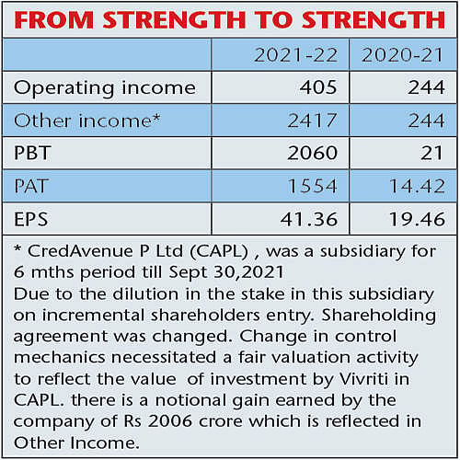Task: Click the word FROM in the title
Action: (x=54, y=20)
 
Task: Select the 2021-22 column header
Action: (x=296, y=55)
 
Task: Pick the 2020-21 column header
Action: (x=402, y=55)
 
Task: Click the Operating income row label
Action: (x=105, y=88)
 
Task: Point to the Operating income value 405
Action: (x=318, y=87)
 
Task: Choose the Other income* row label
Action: (x=87, y=121)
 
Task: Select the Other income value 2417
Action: (x=313, y=121)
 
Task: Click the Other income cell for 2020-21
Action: (x=426, y=121)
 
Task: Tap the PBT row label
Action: (x=32, y=153)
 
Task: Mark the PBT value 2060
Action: (x=313, y=153)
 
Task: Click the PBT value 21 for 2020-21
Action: (x=431, y=153)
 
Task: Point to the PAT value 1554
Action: (x=313, y=186)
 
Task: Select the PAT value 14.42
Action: (x=417, y=186)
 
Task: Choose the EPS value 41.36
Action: (x=309, y=219)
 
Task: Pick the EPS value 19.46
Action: (x=417, y=219)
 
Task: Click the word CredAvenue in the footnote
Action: (x=81, y=251)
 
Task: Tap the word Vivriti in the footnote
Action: (x=364, y=379)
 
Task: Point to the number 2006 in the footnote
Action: (x=170, y=421)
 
